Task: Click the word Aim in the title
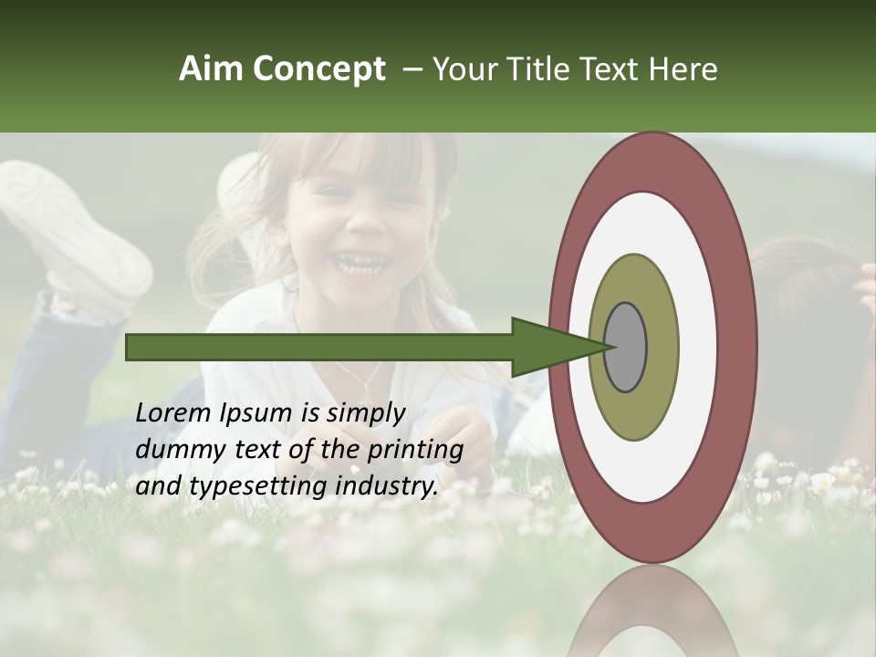pos(212,69)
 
